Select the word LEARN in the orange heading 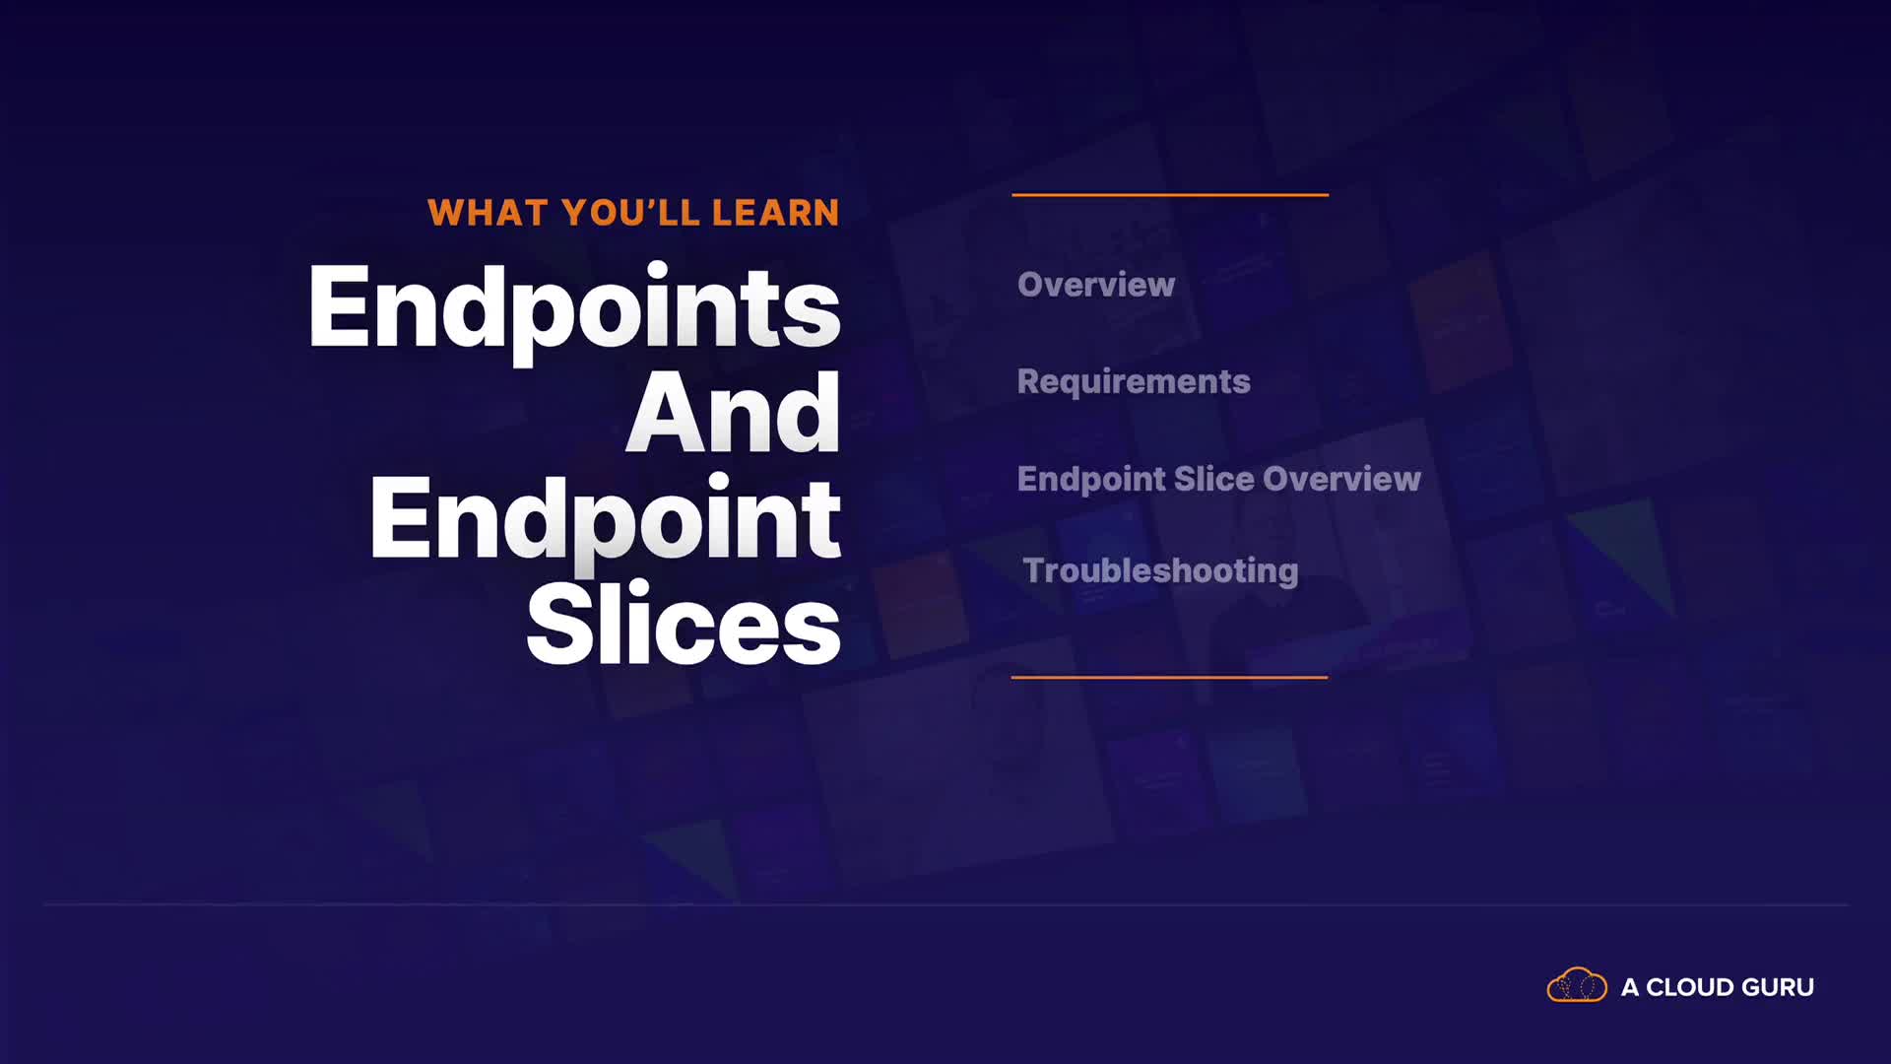click(x=776, y=213)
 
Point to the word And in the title click(x=734, y=413)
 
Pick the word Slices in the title click(x=684, y=624)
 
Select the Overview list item click(x=1096, y=285)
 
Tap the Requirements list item click(x=1134, y=382)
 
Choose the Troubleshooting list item click(x=1161, y=571)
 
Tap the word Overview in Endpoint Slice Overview click(x=1341, y=479)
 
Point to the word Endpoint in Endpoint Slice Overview click(x=1091, y=480)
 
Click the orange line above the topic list click(x=1170, y=195)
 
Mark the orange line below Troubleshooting click(x=1170, y=677)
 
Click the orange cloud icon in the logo click(x=1577, y=985)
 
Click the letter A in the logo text click(x=1630, y=987)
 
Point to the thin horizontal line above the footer click(x=945, y=904)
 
